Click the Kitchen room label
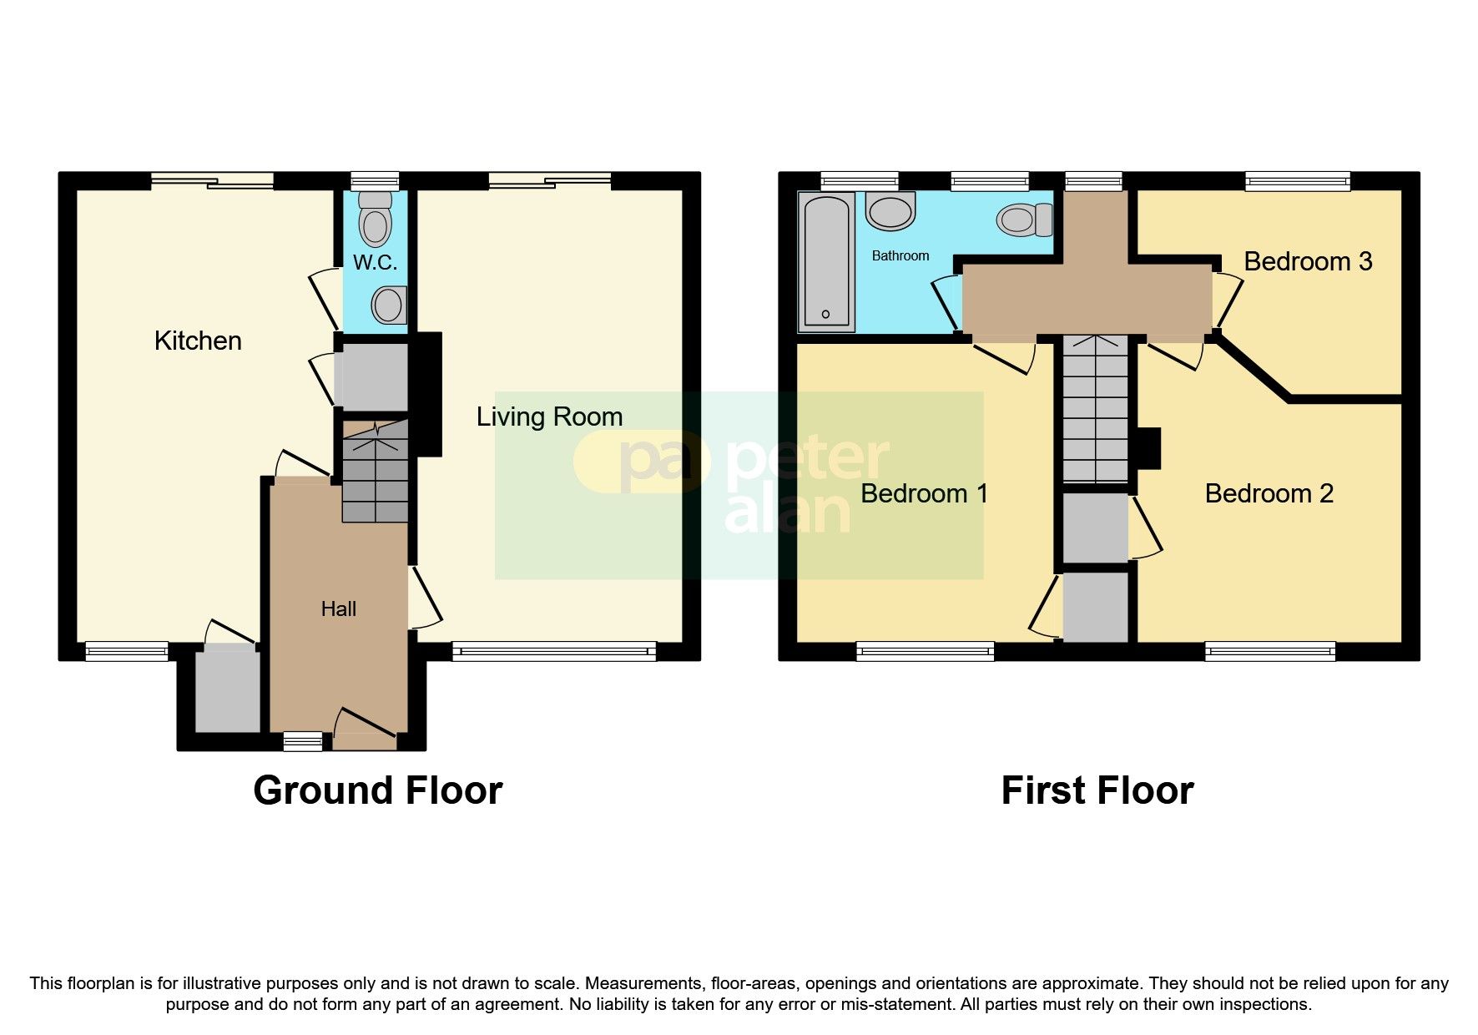[198, 341]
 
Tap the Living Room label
[549, 417]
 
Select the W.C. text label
[375, 262]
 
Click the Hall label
[338, 608]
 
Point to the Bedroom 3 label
[1307, 261]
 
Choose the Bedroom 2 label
[1269, 493]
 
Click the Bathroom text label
[900, 255]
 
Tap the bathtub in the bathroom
[826, 260]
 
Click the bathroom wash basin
[890, 210]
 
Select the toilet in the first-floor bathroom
[1023, 220]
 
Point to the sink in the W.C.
[389, 305]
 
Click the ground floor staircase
[376, 476]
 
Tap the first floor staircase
[1095, 409]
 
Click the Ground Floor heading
[377, 790]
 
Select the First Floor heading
[1097, 790]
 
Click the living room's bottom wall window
[554, 651]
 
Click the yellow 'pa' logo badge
[641, 462]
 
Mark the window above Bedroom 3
[1297, 180]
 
